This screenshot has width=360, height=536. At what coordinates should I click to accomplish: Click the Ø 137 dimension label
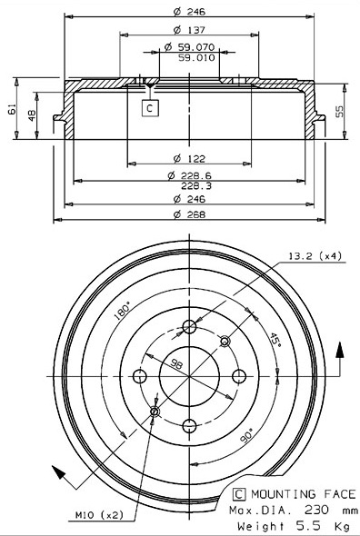189,30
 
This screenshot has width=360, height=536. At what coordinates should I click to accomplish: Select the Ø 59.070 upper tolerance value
189,47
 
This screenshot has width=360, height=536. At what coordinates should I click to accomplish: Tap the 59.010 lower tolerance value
196,57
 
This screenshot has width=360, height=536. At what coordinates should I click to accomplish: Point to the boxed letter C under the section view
150,108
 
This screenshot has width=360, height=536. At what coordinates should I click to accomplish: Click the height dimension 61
13,109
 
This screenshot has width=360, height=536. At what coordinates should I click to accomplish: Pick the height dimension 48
32,115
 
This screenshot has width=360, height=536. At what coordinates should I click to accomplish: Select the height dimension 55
339,111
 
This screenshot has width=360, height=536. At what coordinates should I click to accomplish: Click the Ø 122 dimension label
189,159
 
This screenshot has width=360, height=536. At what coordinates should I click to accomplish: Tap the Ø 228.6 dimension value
190,175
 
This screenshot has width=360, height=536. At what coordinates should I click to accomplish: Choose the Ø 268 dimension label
189,214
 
